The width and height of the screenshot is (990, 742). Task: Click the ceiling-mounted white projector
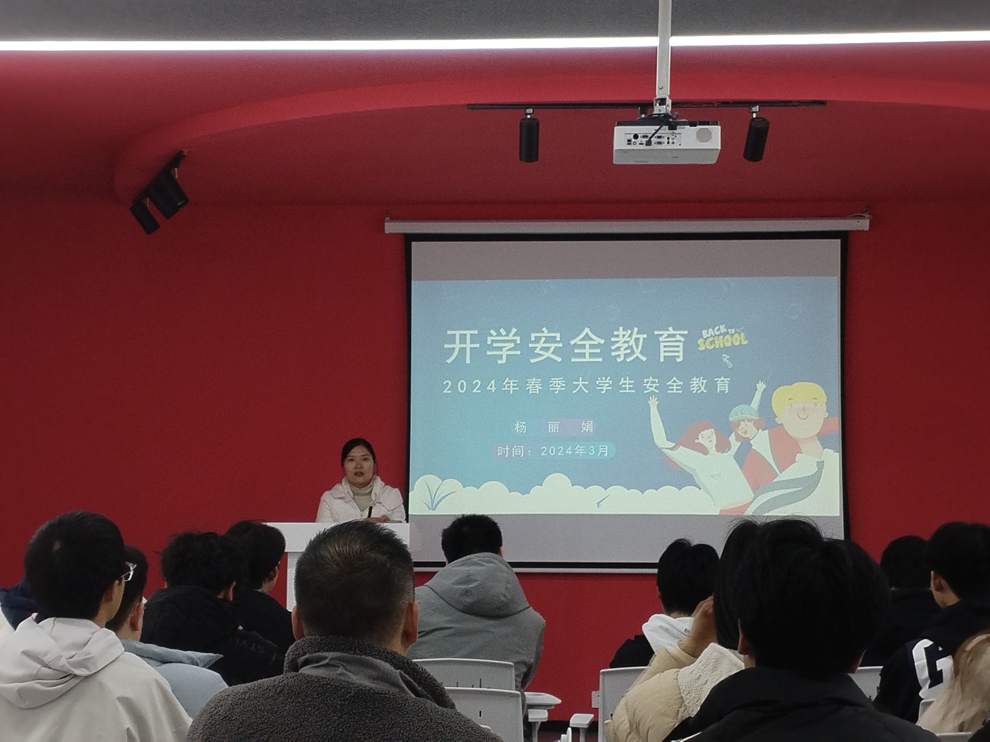point(667,142)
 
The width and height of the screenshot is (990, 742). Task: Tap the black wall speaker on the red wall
point(160,193)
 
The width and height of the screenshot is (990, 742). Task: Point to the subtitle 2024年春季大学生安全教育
point(586,386)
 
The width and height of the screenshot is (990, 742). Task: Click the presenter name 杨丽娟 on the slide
point(554,427)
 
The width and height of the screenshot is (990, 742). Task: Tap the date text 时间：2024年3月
point(555,451)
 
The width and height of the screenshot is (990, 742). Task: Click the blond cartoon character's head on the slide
point(799,408)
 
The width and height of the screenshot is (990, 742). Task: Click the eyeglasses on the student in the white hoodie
point(128,572)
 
